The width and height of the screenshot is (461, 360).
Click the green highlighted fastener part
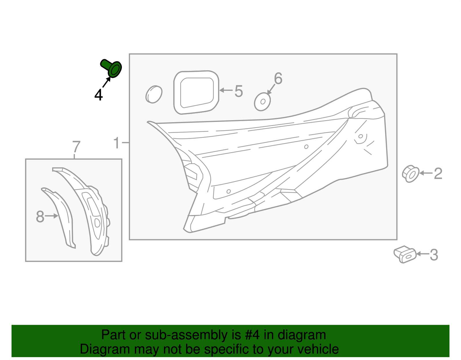click(112, 68)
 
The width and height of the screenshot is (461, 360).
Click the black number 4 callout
click(99, 95)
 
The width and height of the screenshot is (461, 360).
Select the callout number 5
click(239, 91)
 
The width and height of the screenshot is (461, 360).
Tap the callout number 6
click(278, 78)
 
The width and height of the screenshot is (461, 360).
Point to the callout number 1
click(116, 143)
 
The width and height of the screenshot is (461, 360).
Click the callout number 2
click(438, 174)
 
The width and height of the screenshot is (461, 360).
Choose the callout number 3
click(434, 255)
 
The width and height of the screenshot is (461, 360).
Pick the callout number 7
click(76, 147)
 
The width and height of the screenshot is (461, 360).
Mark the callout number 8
click(40, 216)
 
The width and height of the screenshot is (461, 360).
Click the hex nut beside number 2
click(411, 174)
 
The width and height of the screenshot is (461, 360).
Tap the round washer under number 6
click(262, 101)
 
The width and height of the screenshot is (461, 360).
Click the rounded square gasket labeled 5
click(196, 92)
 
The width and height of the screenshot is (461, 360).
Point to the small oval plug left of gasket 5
click(154, 94)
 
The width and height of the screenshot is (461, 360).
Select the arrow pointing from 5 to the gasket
click(226, 91)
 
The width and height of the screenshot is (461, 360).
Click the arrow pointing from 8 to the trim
click(52, 216)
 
